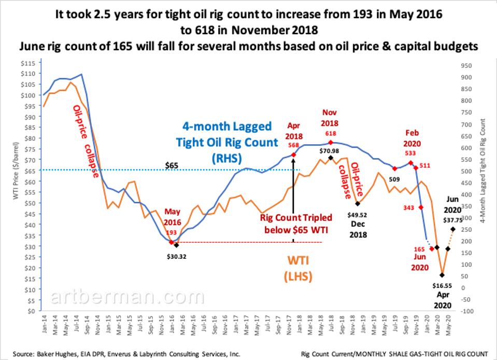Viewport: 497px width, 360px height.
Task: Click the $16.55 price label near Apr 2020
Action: [x=443, y=285]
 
